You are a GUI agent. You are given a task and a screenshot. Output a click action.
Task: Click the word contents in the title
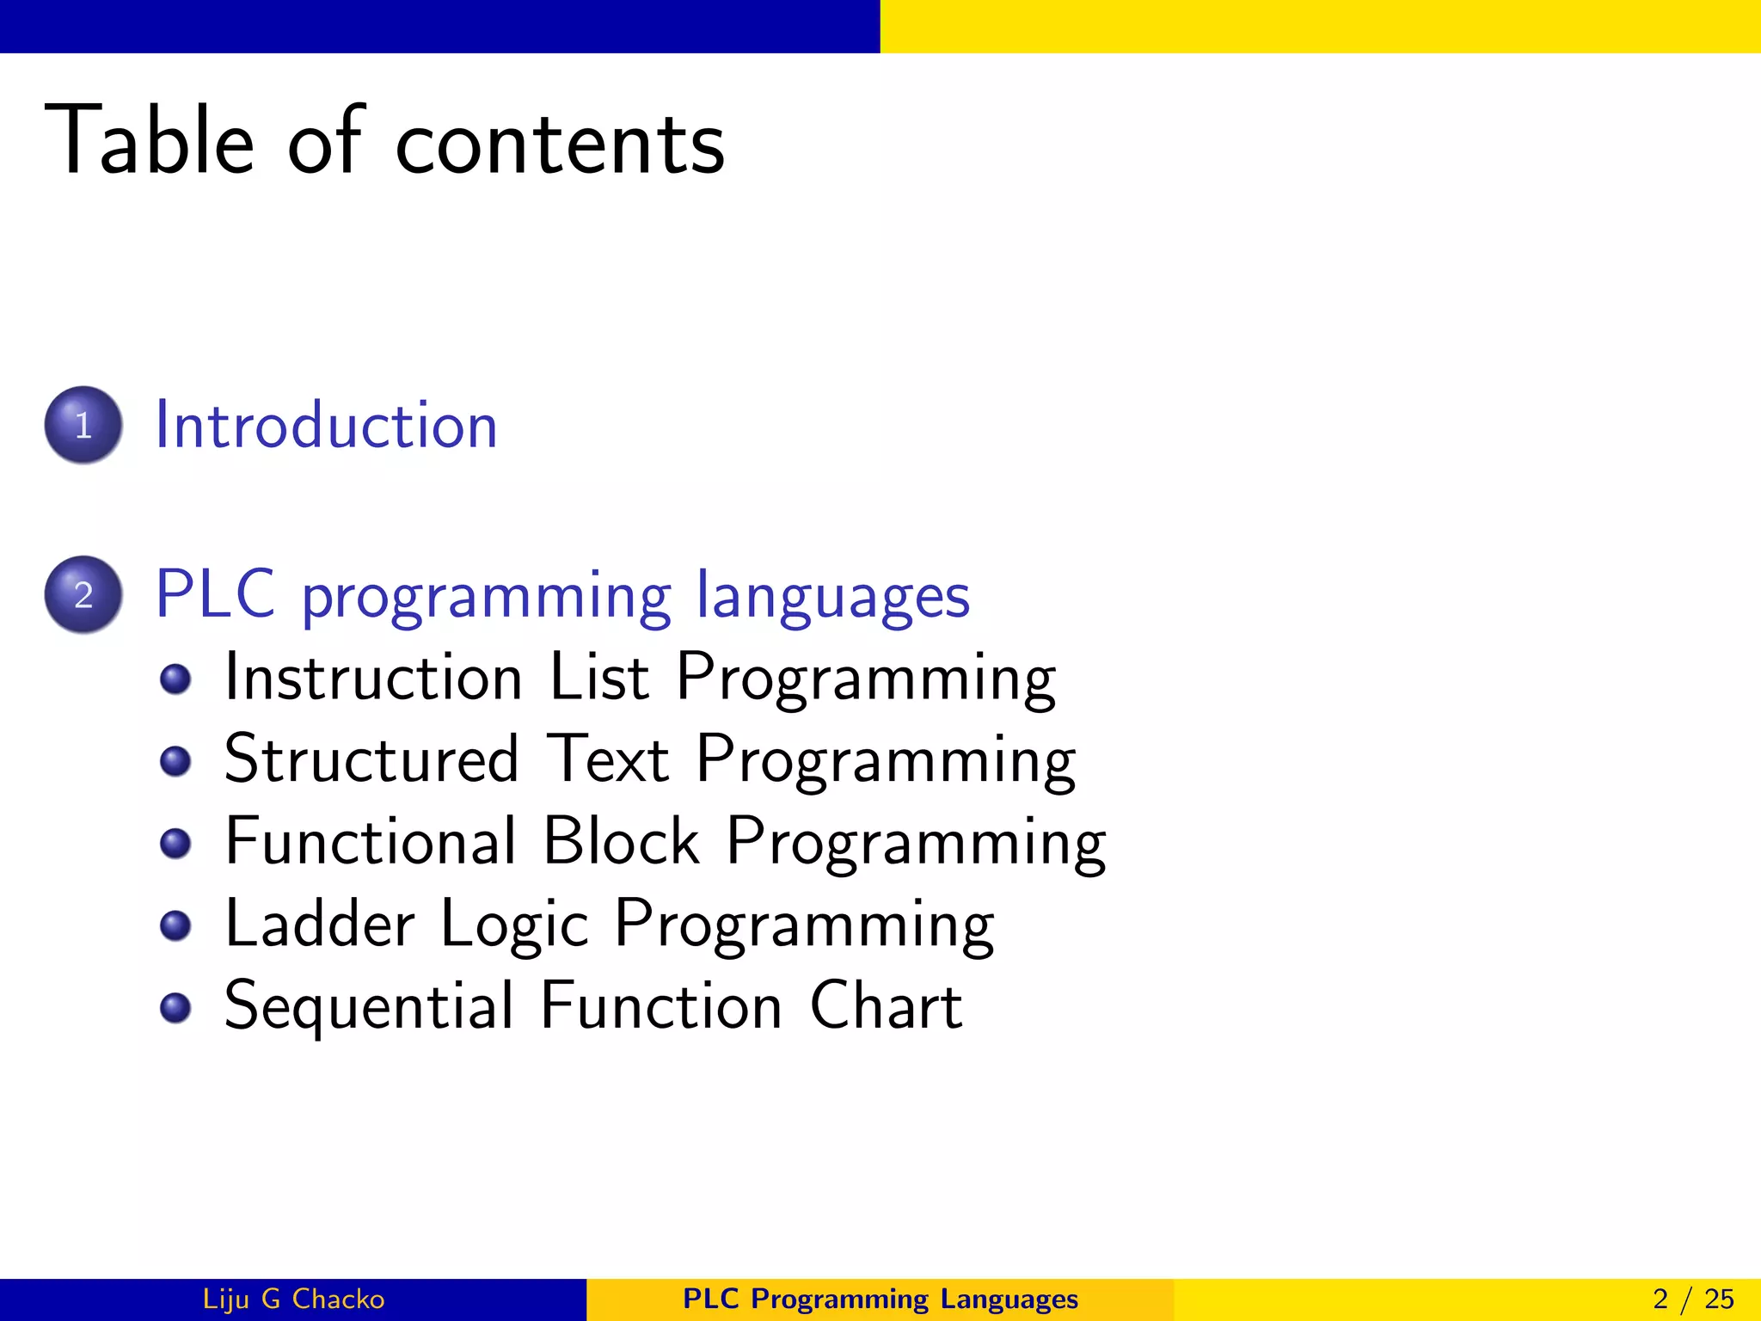560,144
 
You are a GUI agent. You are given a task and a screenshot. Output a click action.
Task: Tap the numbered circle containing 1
83,425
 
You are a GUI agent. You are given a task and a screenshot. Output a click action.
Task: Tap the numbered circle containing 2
83,594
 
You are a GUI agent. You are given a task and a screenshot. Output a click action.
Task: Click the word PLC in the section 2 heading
216,594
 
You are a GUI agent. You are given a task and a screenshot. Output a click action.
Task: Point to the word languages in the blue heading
832,598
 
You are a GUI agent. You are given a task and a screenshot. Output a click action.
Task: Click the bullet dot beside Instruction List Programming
175,679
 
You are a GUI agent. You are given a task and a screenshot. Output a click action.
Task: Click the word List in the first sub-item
598,678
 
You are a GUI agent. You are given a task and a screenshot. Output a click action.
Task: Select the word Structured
371,759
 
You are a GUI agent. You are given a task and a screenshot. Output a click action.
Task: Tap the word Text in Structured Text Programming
607,759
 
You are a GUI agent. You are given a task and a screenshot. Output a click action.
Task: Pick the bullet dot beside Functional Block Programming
175,843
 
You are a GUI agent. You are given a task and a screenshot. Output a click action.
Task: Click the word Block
621,841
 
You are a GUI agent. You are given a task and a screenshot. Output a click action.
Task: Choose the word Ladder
320,924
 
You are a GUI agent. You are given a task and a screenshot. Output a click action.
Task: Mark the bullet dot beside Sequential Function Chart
175,1007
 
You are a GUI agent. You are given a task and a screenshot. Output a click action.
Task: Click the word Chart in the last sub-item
886,1005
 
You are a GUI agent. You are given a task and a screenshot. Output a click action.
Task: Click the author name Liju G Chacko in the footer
293,1299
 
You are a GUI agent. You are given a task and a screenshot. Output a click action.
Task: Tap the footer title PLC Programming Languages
880,1299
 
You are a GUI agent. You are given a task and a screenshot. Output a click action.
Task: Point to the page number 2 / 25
1692,1299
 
